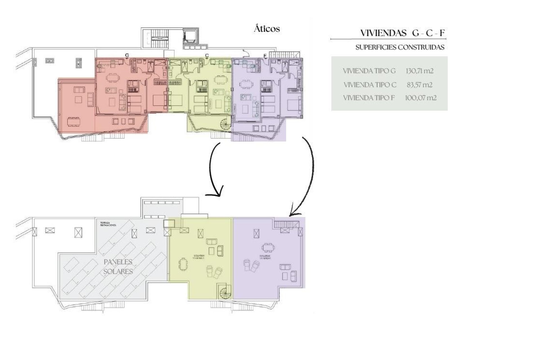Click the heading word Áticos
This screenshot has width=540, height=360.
pyautogui.click(x=267, y=29)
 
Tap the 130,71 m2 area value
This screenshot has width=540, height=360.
pyautogui.click(x=419, y=71)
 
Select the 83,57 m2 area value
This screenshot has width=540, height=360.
pyautogui.click(x=419, y=85)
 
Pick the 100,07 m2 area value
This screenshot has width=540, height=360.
pyautogui.click(x=420, y=98)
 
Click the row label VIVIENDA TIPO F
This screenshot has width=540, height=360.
pyautogui.click(x=369, y=98)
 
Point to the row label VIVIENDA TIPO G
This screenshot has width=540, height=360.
pyautogui.click(x=369, y=71)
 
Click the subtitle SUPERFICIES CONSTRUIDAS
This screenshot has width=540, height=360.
pyautogui.click(x=400, y=47)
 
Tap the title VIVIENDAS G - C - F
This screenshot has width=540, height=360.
pyautogui.click(x=402, y=33)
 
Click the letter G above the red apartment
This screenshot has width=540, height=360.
pyautogui.click(x=127, y=55)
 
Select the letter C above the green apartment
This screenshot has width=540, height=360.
pyautogui.click(x=207, y=56)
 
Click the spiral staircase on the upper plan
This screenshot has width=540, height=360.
pyautogui.click(x=226, y=124)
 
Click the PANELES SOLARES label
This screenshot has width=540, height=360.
pyautogui.click(x=118, y=267)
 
